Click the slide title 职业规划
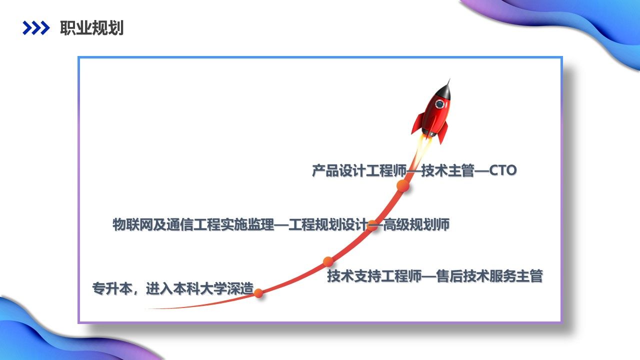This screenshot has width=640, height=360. click(91, 28)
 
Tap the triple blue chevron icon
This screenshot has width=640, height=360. click(36, 28)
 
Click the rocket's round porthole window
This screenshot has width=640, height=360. click(439, 104)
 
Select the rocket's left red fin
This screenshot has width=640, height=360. click(417, 123)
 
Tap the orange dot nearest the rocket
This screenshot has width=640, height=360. click(403, 185)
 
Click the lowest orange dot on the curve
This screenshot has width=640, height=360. click(258, 293)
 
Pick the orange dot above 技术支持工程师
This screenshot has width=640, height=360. click(328, 261)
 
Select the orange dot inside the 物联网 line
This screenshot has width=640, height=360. click(372, 225)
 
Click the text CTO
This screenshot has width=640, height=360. click(502, 170)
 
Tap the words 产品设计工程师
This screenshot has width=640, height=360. click(359, 170)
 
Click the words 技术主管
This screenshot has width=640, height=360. click(447, 170)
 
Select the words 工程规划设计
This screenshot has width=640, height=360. click(327, 224)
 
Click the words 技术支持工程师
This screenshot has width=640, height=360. click(374, 276)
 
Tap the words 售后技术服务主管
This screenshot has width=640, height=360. click(489, 276)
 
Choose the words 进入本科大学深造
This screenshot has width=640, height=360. click(199, 288)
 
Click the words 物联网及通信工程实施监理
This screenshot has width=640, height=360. click(193, 224)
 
